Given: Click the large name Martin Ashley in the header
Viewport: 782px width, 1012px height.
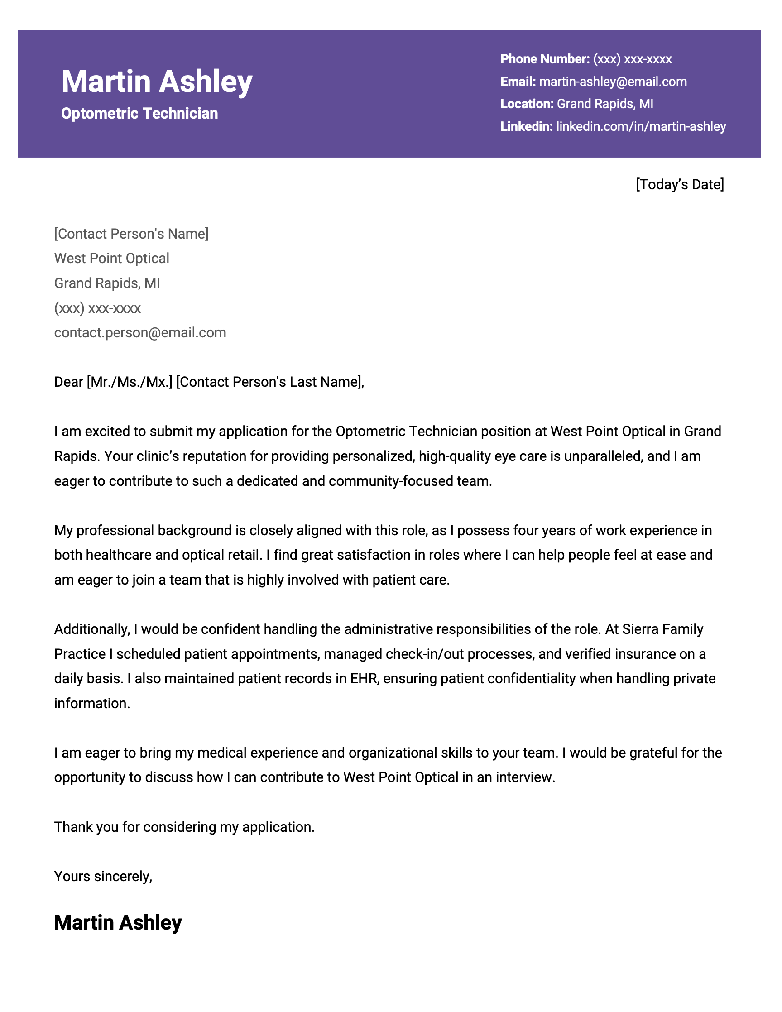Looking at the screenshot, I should (157, 82).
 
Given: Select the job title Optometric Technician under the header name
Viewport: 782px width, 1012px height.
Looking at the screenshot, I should (139, 114).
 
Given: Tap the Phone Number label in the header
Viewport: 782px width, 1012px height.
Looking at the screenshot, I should (544, 59).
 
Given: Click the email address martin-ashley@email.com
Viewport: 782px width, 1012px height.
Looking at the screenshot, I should (613, 82).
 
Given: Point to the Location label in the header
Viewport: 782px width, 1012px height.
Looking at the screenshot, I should (527, 104).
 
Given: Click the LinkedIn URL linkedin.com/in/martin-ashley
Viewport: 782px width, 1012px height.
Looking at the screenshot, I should (641, 126).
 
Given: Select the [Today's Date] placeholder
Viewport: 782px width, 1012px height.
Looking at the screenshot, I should (679, 184).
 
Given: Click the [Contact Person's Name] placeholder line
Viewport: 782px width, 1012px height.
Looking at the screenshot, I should (131, 234).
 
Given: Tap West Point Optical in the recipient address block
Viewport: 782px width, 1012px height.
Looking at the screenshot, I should (112, 259).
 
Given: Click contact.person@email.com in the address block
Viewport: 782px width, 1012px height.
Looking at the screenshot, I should (140, 333).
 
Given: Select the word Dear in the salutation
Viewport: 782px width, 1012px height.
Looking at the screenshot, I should (68, 382).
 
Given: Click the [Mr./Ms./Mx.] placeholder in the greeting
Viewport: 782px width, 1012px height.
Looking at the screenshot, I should (130, 382).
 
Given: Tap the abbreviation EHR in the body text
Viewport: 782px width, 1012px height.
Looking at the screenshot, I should (365, 679).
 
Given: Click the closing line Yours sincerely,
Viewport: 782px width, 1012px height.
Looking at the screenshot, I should (103, 876).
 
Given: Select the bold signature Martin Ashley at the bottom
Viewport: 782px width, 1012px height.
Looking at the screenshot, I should (118, 922).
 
